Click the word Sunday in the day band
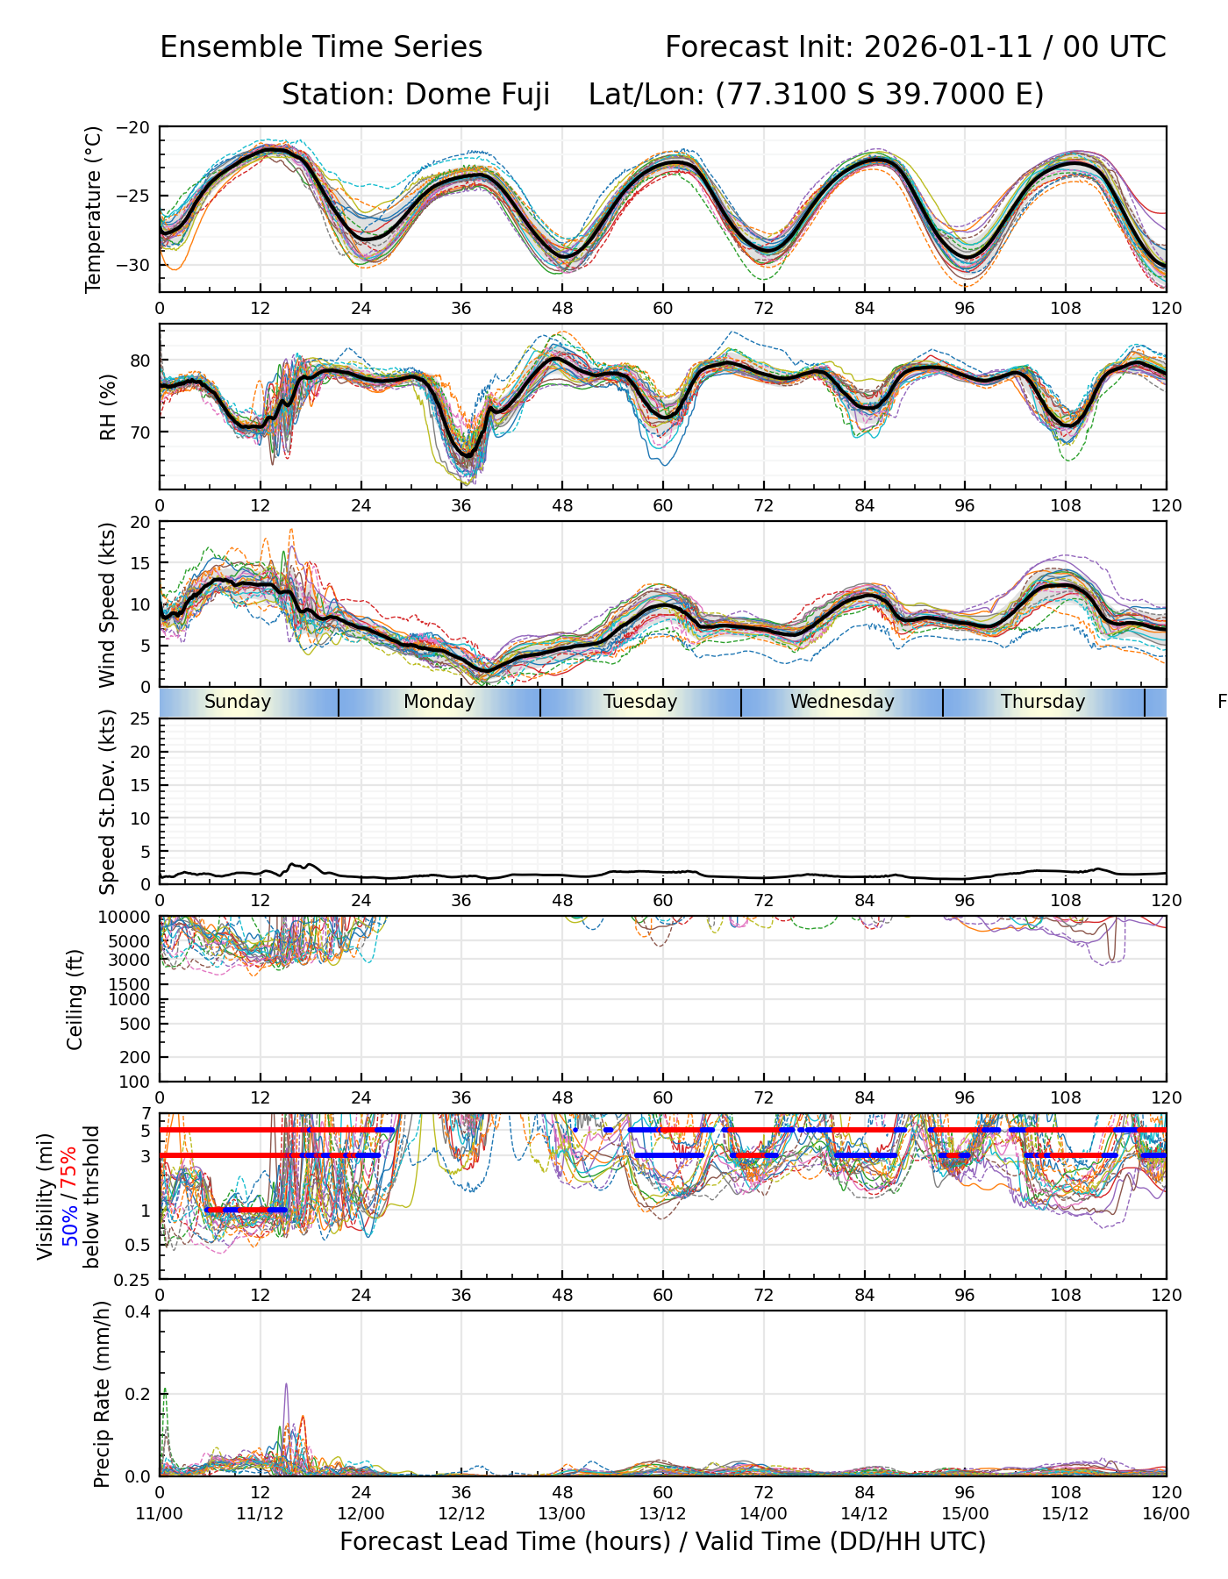238,702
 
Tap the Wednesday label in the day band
842,702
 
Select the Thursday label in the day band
1043,702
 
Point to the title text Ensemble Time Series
321,47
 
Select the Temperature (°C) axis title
94,209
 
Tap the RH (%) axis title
108,407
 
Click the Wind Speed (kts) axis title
108,604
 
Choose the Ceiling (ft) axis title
75,999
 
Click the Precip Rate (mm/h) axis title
102,1394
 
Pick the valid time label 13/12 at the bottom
662,1513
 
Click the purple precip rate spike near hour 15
286,1387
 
